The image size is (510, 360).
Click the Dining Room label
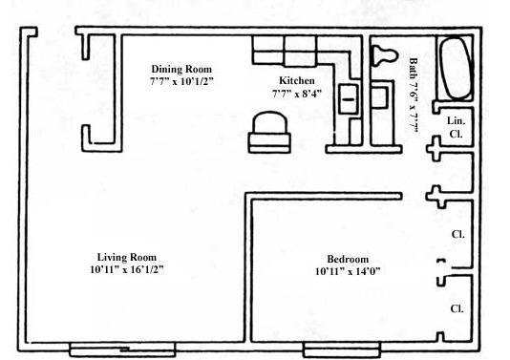[181, 69]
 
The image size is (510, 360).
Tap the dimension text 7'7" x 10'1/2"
[181, 82]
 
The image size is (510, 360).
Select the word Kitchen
[297, 80]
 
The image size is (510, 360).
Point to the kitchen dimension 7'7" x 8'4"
[297, 94]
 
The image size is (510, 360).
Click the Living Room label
[126, 257]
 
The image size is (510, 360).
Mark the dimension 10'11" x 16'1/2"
[126, 270]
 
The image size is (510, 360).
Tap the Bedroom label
[348, 259]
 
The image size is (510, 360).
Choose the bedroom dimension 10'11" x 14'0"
[348, 272]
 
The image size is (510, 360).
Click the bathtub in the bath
[455, 68]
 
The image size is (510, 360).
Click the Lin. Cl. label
[457, 127]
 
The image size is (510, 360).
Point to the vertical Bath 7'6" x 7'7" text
[414, 100]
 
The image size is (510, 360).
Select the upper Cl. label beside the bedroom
[457, 233]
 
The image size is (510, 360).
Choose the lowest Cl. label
[457, 308]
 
